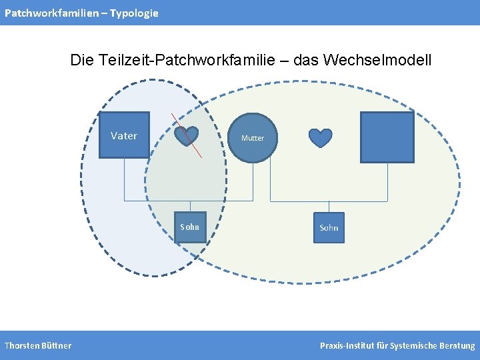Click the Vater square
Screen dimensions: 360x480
tap(124, 135)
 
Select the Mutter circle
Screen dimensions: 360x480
tap(252, 138)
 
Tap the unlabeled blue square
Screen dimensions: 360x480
tap(387, 137)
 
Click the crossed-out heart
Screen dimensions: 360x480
tap(187, 136)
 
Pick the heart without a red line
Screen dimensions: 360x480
tap(321, 137)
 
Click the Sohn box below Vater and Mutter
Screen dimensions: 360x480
tap(190, 227)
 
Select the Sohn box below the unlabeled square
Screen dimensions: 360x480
tap(329, 227)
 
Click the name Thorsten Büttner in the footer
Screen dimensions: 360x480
tap(38, 345)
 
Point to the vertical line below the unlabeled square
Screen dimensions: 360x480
tap(387, 181)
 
